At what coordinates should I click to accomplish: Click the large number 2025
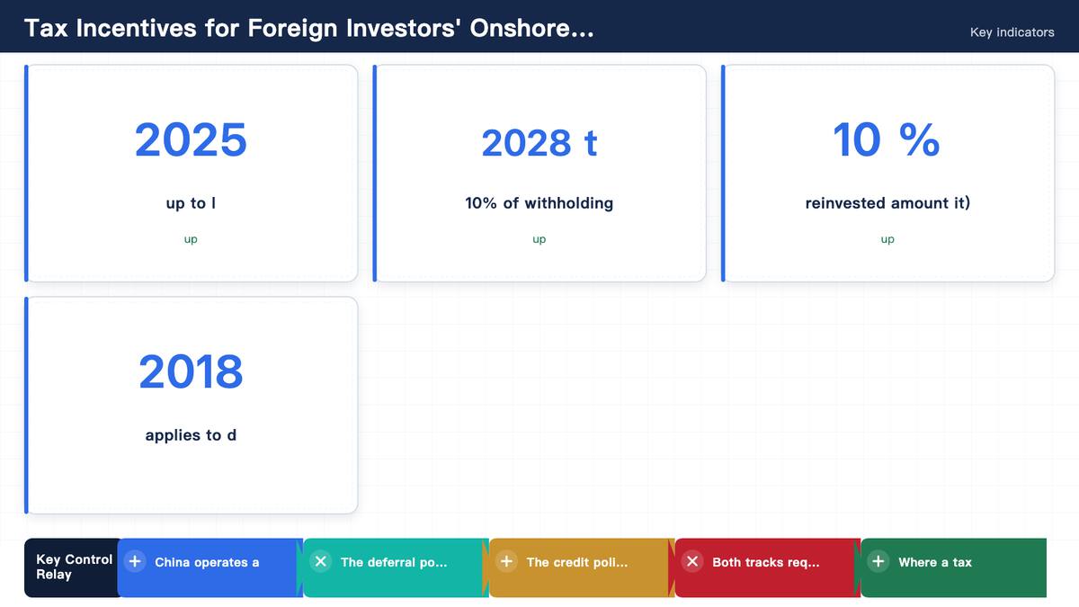click(x=191, y=140)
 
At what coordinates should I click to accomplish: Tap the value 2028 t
click(x=539, y=143)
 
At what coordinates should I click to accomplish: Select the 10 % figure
click(x=887, y=139)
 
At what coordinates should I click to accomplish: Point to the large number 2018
click(x=191, y=371)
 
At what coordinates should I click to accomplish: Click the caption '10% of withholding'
click(x=539, y=203)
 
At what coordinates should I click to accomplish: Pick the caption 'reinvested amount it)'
click(x=887, y=203)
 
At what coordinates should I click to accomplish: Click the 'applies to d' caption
click(x=191, y=435)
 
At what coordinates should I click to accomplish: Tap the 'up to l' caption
click(x=191, y=203)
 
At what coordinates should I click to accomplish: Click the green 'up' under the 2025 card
click(x=191, y=239)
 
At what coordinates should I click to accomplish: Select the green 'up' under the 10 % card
click(x=887, y=239)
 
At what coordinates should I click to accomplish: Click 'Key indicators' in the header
click(x=1012, y=32)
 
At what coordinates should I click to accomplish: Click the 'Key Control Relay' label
click(x=74, y=567)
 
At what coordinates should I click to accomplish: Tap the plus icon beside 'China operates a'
click(x=135, y=561)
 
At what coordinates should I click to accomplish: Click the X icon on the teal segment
click(x=321, y=561)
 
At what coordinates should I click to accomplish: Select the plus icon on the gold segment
click(x=507, y=561)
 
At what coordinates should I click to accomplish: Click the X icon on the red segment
click(x=692, y=561)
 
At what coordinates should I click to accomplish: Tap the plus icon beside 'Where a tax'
click(x=878, y=561)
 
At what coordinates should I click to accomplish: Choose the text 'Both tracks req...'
click(x=766, y=562)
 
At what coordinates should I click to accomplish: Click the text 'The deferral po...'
click(x=394, y=562)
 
